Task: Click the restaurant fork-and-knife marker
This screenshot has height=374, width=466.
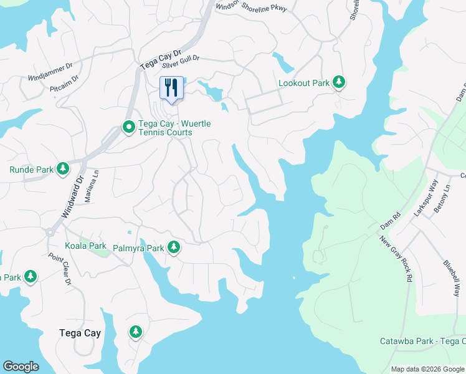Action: tap(171, 87)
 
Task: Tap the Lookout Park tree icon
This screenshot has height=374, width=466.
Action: tap(339, 82)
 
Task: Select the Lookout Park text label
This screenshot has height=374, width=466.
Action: tap(303, 83)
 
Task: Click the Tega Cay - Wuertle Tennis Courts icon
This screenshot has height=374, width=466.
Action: tap(128, 128)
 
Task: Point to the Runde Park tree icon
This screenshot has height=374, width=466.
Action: tap(62, 169)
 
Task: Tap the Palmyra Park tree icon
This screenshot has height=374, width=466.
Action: tap(174, 248)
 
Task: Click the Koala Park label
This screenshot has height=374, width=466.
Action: tap(85, 246)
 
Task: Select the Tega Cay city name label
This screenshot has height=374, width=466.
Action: tap(80, 333)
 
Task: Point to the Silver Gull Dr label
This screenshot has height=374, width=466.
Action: tap(180, 61)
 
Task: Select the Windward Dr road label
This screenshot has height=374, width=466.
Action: tap(72, 196)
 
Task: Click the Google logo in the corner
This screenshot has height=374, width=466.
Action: tap(21, 366)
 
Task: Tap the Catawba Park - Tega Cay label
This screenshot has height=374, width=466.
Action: tap(422, 341)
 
